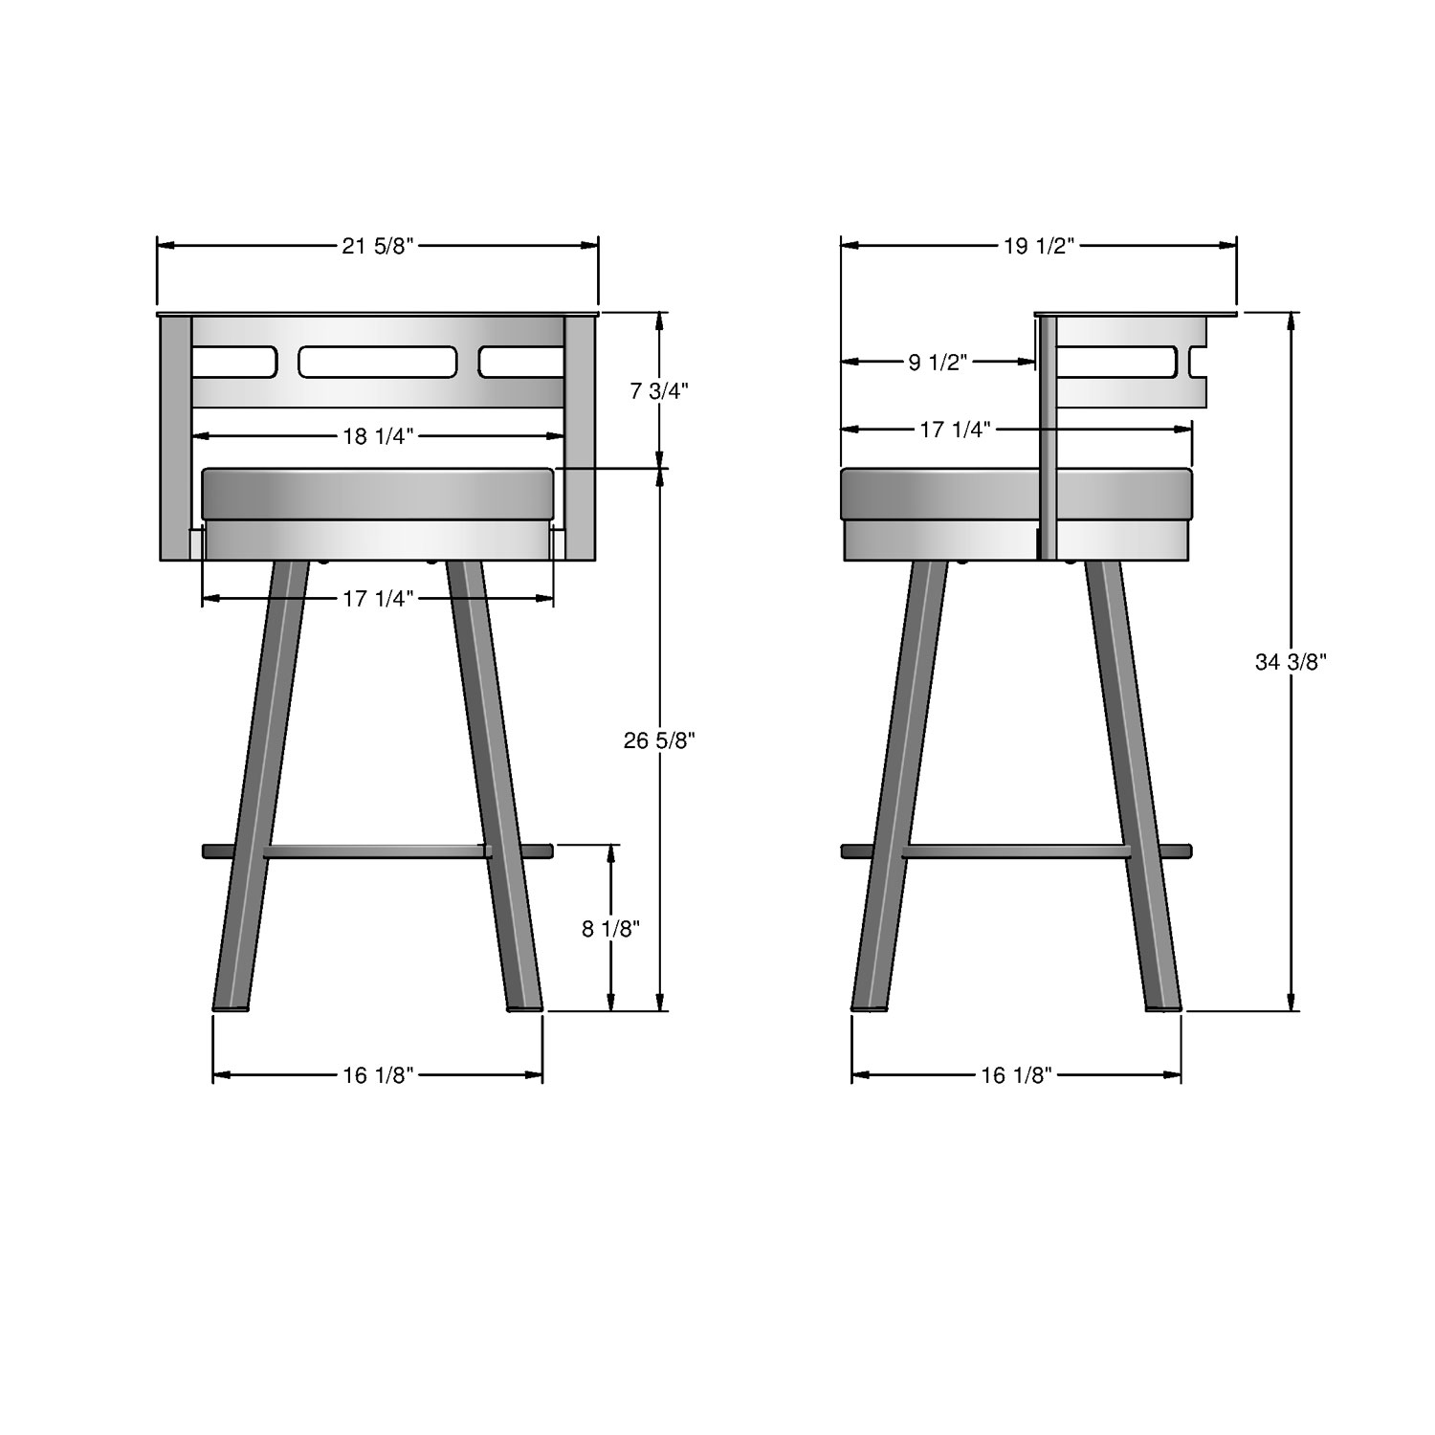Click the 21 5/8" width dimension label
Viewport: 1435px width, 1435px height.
pyautogui.click(x=377, y=246)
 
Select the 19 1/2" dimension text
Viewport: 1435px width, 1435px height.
pyautogui.click(x=1040, y=246)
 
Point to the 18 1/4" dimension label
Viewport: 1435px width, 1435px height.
pyautogui.click(x=377, y=436)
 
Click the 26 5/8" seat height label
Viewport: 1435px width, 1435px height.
pyautogui.click(x=659, y=740)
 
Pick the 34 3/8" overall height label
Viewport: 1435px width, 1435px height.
pyautogui.click(x=1291, y=661)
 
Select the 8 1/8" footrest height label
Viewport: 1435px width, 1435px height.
pyautogui.click(x=610, y=928)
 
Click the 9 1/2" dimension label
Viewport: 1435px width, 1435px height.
pyautogui.click(x=938, y=362)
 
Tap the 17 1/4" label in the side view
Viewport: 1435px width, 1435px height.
pyautogui.click(x=955, y=430)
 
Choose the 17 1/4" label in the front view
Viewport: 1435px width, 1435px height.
pyautogui.click(x=378, y=599)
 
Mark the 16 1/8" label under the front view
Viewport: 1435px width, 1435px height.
pyautogui.click(x=377, y=1075)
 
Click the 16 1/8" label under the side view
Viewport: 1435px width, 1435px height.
pyautogui.click(x=1016, y=1075)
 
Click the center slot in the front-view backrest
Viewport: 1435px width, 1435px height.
pyautogui.click(x=377, y=362)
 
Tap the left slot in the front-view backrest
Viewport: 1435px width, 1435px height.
pyautogui.click(x=234, y=362)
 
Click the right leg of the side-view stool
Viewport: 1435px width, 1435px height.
pyautogui.click(x=1134, y=784)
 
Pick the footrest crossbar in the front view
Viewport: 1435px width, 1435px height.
pyautogui.click(x=377, y=850)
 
